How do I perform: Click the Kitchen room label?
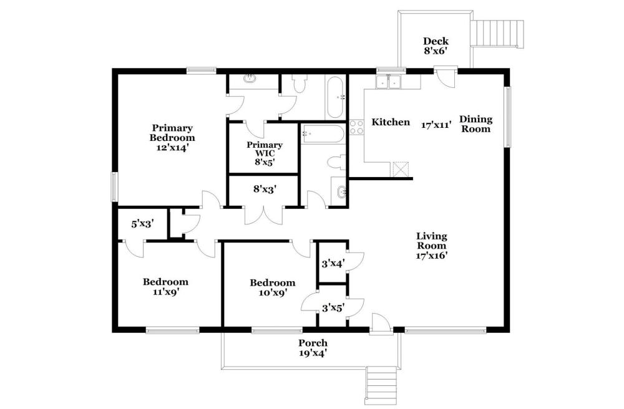(x=391, y=122)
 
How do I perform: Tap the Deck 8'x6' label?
(x=436, y=46)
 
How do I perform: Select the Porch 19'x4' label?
(x=313, y=348)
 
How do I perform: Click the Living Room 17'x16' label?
(x=432, y=246)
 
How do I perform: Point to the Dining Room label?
(x=475, y=124)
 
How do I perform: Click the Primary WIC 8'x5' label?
(x=265, y=153)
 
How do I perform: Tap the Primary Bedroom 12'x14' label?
(x=172, y=138)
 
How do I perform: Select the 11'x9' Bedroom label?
(x=165, y=287)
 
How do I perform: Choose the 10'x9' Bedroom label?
(x=273, y=288)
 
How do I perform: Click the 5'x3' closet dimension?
(x=143, y=224)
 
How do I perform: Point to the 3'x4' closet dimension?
(x=333, y=263)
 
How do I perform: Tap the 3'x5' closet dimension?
(x=333, y=307)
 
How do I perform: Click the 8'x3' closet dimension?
(x=265, y=189)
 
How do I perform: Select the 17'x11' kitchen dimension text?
(x=437, y=125)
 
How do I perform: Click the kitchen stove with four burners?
(x=356, y=127)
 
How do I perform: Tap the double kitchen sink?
(x=388, y=82)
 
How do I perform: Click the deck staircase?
(x=497, y=34)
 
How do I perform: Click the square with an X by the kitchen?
(x=401, y=168)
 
